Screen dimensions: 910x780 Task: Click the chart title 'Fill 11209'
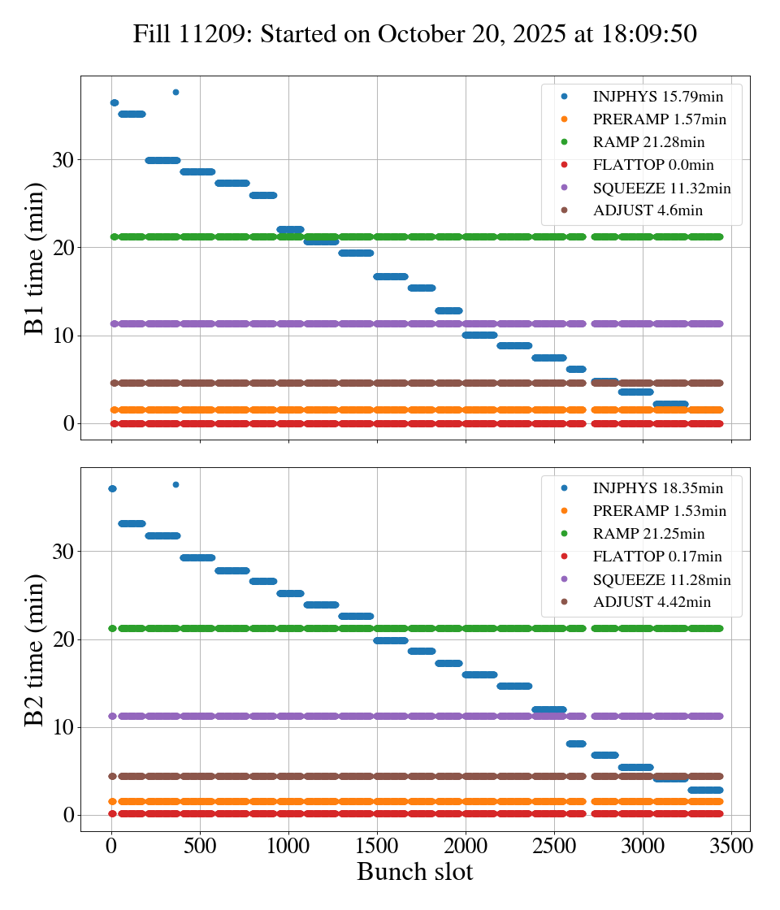click(x=415, y=34)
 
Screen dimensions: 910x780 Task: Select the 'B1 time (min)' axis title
click(x=34, y=258)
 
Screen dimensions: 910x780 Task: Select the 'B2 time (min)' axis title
click(x=34, y=649)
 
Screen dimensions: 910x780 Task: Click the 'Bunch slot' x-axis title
click(x=414, y=872)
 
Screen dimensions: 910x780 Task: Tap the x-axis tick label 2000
click(x=466, y=845)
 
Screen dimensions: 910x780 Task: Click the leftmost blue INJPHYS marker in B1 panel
click(x=114, y=102)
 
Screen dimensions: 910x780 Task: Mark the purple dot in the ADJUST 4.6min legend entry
click(x=564, y=210)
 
